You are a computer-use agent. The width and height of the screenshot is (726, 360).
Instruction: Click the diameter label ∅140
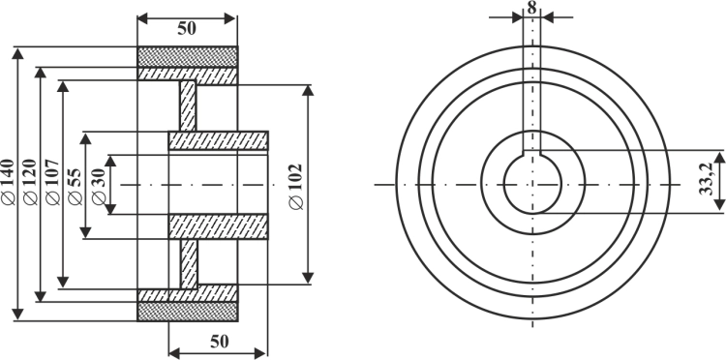click(9, 182)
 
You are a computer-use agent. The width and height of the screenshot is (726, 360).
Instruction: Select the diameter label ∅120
click(31, 182)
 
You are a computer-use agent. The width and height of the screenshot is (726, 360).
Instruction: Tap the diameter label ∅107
click(53, 182)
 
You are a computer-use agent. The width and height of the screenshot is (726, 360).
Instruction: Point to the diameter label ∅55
click(75, 186)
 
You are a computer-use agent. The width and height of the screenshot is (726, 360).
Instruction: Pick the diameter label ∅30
click(99, 186)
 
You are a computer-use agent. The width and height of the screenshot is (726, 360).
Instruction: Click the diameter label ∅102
click(295, 187)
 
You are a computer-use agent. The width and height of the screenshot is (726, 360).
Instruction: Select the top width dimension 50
click(187, 29)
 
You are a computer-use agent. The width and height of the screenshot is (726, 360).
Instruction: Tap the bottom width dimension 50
click(220, 342)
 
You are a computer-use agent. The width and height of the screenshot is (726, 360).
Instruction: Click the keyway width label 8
click(532, 8)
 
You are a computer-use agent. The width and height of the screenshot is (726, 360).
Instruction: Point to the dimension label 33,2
click(707, 180)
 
